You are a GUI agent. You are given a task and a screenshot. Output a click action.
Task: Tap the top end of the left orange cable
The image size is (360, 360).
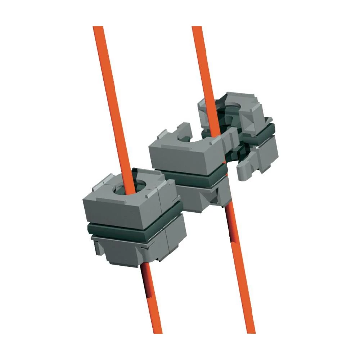(x=98, y=28)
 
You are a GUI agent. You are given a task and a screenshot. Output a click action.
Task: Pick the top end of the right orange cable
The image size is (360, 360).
(x=197, y=28)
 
